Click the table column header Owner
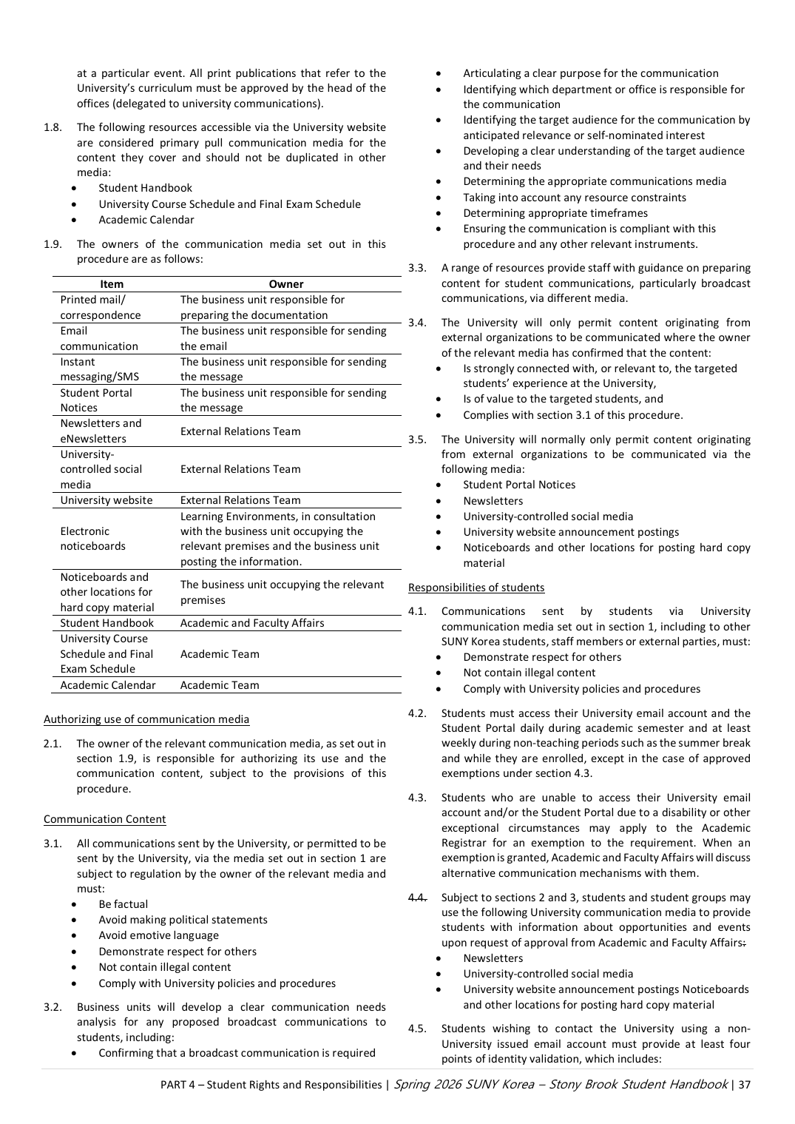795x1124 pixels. [x=286, y=284]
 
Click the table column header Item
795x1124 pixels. [x=112, y=284]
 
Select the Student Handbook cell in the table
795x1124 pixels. [x=107, y=623]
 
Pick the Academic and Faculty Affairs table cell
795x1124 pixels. [x=252, y=623]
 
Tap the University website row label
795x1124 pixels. [x=106, y=500]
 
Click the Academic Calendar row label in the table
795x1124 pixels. [x=108, y=685]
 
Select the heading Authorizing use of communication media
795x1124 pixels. [x=146, y=719]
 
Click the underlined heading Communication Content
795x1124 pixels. [x=104, y=819]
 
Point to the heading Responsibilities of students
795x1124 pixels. [x=476, y=588]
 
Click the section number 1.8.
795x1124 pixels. [x=53, y=127]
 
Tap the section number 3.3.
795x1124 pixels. [x=417, y=268]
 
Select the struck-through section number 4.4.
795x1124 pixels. [x=417, y=898]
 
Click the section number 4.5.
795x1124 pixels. [x=417, y=1029]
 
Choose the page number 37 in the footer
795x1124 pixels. [x=744, y=1085]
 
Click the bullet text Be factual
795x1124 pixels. [x=124, y=904]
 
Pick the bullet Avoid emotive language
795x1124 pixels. [x=159, y=935]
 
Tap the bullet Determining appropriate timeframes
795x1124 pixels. [x=555, y=213]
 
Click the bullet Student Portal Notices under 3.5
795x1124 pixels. [x=519, y=485]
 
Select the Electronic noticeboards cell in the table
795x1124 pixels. [x=93, y=539]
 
